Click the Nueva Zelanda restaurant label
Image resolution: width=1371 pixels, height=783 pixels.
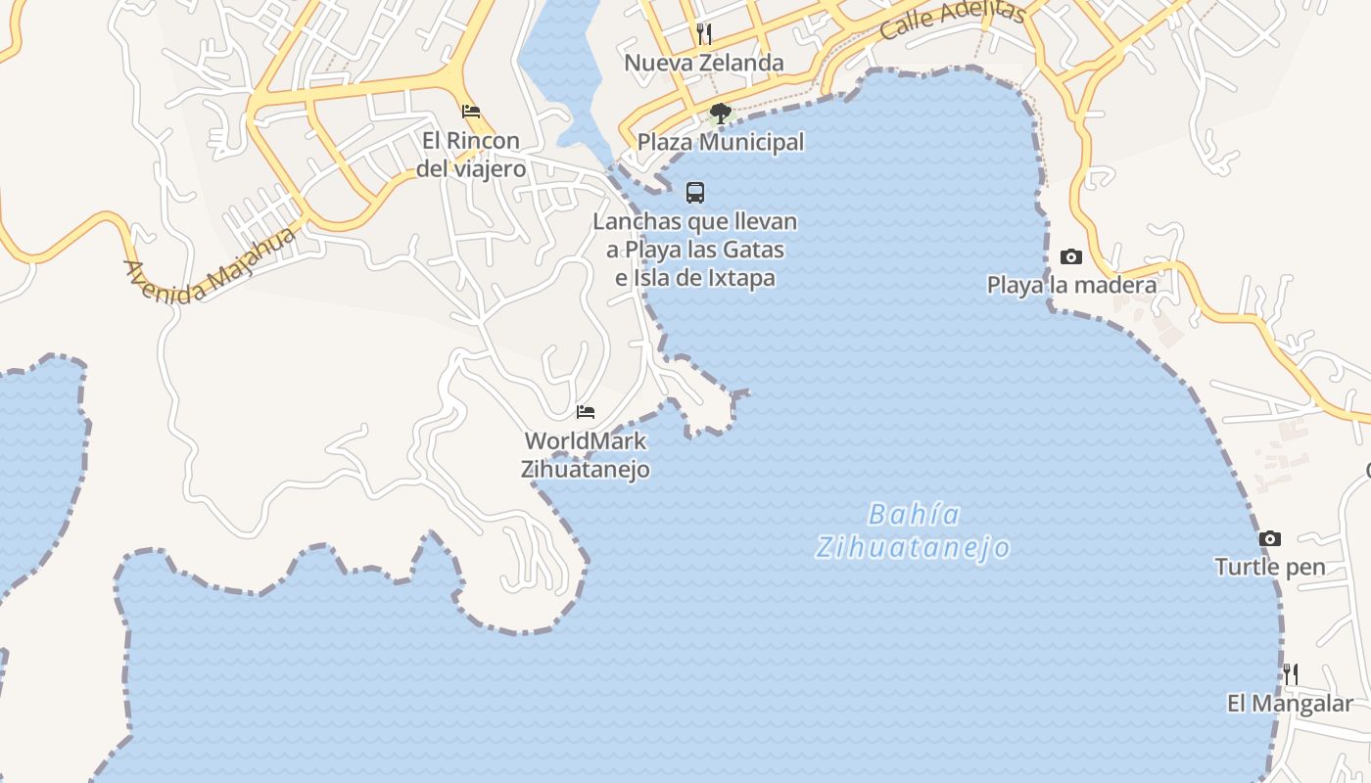703,63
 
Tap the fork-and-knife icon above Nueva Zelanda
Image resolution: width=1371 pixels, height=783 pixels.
703,34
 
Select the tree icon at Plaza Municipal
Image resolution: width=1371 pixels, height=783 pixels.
721,114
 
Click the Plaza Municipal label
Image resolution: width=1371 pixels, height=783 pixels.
721,142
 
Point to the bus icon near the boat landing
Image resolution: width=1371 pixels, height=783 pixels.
695,193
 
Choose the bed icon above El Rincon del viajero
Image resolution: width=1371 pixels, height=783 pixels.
471,112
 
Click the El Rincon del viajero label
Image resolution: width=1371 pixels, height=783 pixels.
471,155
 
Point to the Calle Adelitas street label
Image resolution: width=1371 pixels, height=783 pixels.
952,21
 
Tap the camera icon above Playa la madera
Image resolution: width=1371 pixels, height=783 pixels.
1071,257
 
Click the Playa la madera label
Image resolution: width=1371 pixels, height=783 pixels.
1071,286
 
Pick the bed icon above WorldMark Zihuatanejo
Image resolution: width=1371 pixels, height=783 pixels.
586,412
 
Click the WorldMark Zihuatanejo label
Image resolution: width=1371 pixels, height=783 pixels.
586,455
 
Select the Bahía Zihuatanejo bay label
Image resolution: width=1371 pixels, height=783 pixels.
913,530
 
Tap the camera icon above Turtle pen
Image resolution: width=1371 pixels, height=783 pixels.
1270,539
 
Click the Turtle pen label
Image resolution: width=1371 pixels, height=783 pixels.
1270,567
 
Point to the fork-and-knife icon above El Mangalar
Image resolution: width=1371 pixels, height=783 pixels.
1291,673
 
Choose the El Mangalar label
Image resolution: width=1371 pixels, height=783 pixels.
1291,704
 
